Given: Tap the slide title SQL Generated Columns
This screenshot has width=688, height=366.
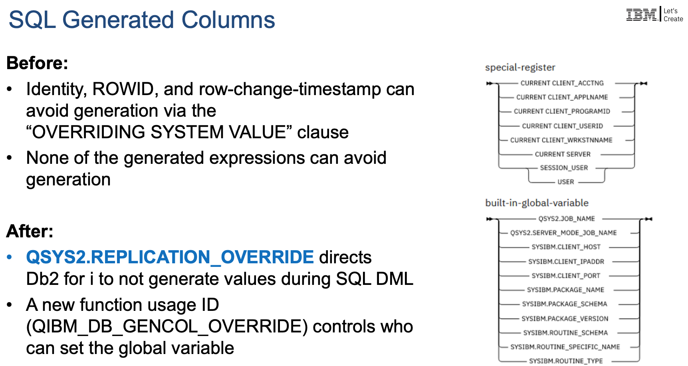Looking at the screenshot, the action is tap(142, 20).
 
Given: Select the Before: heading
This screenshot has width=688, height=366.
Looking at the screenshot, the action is tap(38, 63).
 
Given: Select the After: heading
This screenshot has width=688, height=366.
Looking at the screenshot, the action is tap(30, 231).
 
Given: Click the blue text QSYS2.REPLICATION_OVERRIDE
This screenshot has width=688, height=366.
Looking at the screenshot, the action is tap(170, 257).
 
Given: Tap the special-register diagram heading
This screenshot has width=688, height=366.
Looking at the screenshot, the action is tap(520, 68).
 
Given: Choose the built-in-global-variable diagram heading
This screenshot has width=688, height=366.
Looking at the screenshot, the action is tap(537, 203).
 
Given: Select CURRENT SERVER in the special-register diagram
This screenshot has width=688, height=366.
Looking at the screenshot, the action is tap(563, 154).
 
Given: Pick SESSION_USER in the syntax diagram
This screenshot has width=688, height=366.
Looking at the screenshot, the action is tap(564, 168).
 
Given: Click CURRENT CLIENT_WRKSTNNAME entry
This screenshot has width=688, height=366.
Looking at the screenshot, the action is tap(561, 140).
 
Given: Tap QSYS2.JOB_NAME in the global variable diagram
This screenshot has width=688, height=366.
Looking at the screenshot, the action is tap(567, 219).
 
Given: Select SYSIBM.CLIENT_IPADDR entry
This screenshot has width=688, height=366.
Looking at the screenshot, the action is tap(566, 262).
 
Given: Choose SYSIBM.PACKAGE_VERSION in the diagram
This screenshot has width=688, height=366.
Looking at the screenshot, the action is tap(565, 319).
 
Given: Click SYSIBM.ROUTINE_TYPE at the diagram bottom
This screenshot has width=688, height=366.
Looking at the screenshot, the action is tap(566, 361).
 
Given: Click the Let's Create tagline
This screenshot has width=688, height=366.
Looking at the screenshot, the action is tap(673, 15).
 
